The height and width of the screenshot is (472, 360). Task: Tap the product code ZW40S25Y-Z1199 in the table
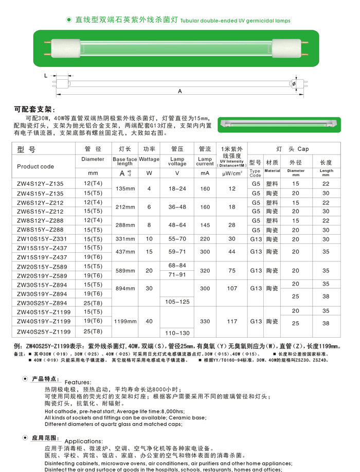pos(44,331)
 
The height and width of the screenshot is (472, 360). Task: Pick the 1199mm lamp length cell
pos(125,321)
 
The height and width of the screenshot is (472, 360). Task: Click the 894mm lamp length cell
pos(125,288)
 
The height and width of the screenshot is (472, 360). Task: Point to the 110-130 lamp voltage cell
pos(177,333)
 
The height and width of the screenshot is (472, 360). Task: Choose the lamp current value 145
pos(205,225)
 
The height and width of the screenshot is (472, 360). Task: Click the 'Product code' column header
pos(35,166)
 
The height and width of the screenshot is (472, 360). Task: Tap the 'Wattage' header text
pos(149,160)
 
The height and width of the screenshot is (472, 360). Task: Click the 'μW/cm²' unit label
pos(232,173)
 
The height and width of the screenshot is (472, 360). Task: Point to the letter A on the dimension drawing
pos(180,91)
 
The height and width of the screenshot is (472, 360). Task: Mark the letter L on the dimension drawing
pos(46,75)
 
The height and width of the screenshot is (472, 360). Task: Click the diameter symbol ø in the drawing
pos(293,83)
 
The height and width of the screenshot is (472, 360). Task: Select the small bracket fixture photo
pos(279,124)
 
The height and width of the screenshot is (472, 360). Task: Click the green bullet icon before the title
pos(68,20)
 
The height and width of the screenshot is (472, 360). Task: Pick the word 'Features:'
pos(78,382)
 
